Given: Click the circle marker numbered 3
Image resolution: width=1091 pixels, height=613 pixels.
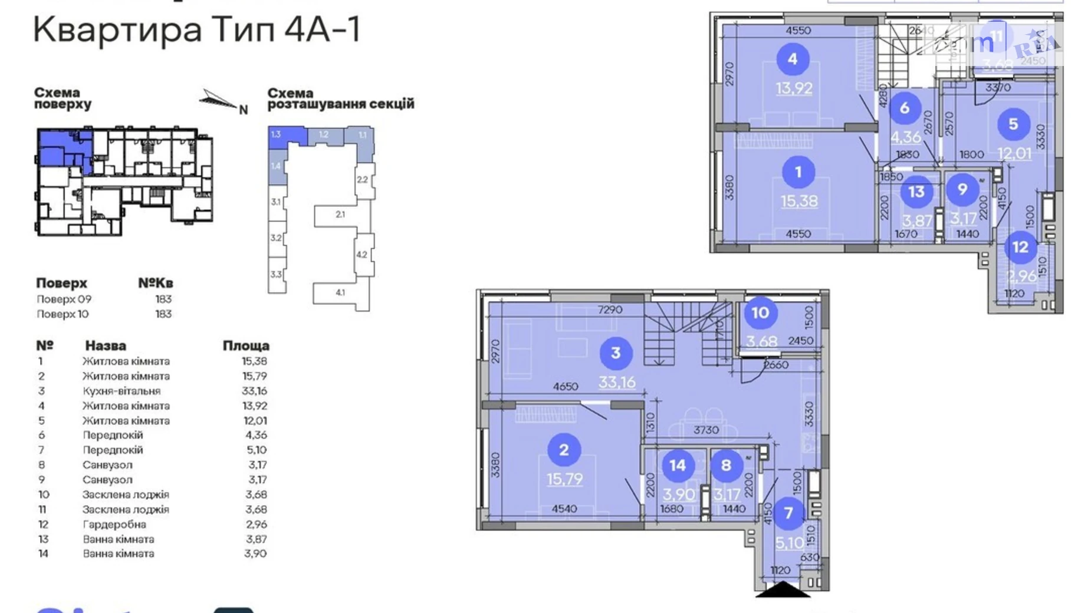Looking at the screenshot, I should (616, 353).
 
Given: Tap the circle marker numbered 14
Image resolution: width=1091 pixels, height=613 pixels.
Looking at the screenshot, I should (677, 466).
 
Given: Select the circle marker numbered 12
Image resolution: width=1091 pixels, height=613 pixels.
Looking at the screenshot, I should (1020, 247).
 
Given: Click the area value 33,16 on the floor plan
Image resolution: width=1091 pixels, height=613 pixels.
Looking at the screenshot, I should (617, 382).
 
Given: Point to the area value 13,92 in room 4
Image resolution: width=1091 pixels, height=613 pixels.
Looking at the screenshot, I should (794, 88).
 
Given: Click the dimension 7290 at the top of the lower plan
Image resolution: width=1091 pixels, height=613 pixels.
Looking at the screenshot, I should (610, 309).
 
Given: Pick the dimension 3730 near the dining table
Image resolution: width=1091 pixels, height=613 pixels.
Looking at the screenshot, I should (706, 430).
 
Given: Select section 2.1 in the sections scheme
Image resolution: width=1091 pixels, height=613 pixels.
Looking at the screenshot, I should (340, 215).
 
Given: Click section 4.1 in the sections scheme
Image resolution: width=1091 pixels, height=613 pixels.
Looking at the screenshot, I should (340, 292).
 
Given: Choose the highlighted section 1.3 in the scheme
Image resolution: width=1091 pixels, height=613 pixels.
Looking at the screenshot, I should (276, 134).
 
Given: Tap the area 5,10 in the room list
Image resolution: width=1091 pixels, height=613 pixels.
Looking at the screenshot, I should (257, 450).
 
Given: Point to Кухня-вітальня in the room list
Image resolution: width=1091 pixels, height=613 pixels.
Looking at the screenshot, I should (121, 391).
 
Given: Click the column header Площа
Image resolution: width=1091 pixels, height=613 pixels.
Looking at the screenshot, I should (245, 345).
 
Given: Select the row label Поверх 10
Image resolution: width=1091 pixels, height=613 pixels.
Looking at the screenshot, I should (63, 314).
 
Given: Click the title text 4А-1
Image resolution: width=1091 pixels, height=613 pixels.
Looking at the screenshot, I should (322, 29).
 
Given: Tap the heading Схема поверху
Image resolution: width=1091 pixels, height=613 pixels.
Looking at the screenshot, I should (63, 98).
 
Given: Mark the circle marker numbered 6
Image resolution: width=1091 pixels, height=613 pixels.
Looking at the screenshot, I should (904, 108).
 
